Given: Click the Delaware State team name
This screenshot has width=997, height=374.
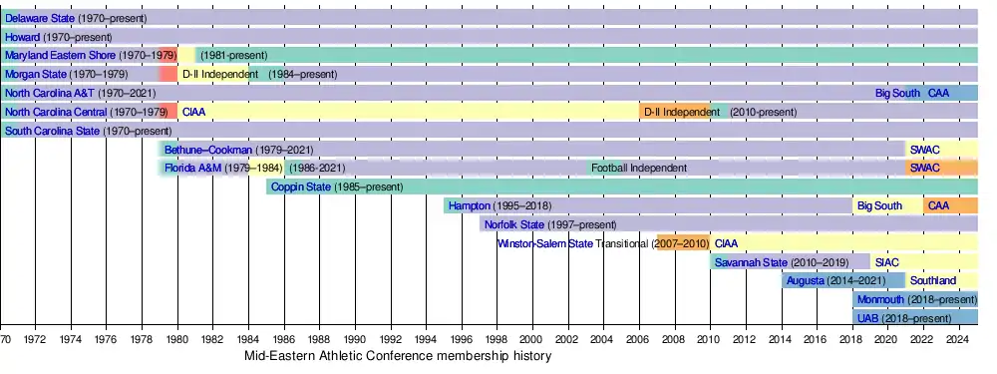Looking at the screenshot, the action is click(x=40, y=18).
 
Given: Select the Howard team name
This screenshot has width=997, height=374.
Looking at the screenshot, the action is click(x=22, y=37).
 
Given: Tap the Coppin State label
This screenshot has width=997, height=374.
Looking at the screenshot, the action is click(x=301, y=187).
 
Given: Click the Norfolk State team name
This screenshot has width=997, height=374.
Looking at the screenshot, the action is click(x=514, y=224).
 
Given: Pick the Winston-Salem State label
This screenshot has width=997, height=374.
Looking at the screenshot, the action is click(x=545, y=243).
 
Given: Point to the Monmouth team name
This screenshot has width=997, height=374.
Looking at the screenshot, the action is click(x=880, y=299).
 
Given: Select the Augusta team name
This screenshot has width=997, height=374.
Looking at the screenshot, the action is click(x=806, y=280).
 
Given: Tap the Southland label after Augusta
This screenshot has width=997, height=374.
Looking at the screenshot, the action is click(x=933, y=280).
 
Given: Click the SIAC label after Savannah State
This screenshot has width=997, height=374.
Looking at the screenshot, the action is click(x=887, y=262).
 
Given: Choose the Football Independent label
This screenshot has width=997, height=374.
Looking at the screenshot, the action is click(x=639, y=168).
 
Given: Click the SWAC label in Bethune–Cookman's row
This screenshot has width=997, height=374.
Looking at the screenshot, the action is click(x=925, y=151).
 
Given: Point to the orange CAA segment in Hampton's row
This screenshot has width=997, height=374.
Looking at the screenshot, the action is click(x=950, y=205).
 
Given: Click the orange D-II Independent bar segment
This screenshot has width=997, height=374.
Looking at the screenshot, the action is click(x=675, y=112).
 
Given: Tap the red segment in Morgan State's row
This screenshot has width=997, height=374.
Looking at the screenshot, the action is click(x=167, y=74).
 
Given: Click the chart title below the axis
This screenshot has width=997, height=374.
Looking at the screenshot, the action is click(x=398, y=356).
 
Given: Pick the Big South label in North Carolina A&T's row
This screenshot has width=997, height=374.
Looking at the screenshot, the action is click(x=898, y=94).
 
